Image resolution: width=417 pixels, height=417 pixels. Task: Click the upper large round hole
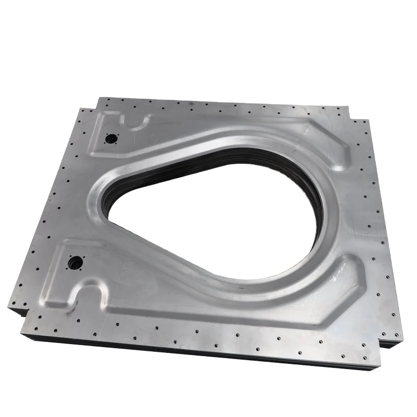click(111, 139)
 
